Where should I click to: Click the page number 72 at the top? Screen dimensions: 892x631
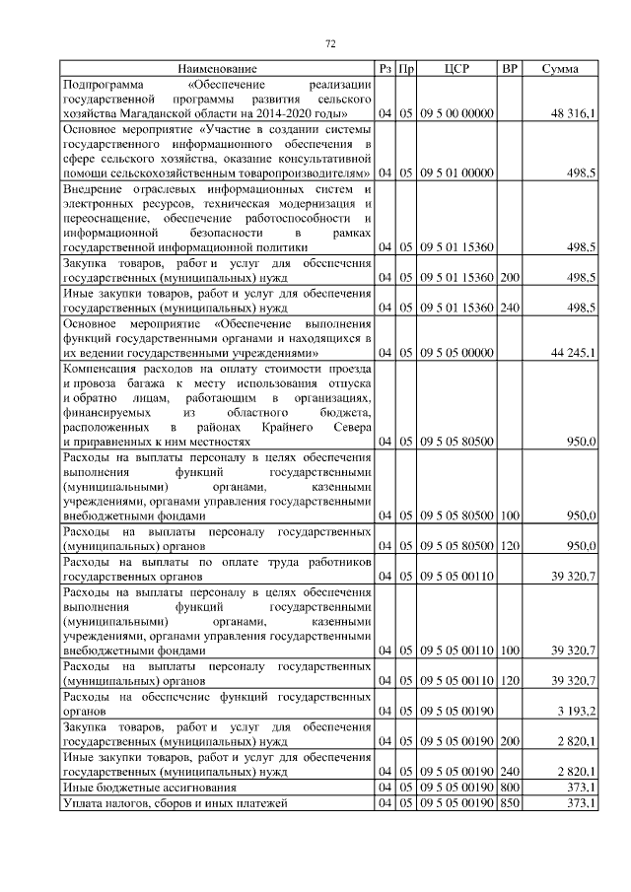pyautogui.click(x=331, y=43)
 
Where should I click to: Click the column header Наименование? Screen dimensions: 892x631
pyautogui.click(x=218, y=69)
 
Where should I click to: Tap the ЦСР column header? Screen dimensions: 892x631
pyautogui.click(x=456, y=69)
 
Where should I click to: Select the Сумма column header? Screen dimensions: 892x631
pyautogui.click(x=560, y=69)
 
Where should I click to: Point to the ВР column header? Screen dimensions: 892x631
pyautogui.click(x=509, y=69)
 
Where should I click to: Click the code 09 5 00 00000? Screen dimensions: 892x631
pyautogui.click(x=456, y=114)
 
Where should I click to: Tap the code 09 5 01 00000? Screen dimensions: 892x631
pyautogui.click(x=456, y=173)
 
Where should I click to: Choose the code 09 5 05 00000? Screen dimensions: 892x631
pyautogui.click(x=456, y=352)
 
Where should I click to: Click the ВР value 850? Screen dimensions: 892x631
pyautogui.click(x=510, y=804)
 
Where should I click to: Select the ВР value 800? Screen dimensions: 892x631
pyautogui.click(x=510, y=788)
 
